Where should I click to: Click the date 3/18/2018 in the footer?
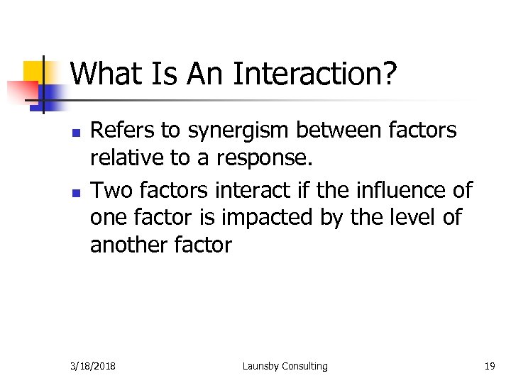tap(94, 366)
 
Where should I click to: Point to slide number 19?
tap(489, 366)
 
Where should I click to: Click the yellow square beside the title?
tap(35, 72)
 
